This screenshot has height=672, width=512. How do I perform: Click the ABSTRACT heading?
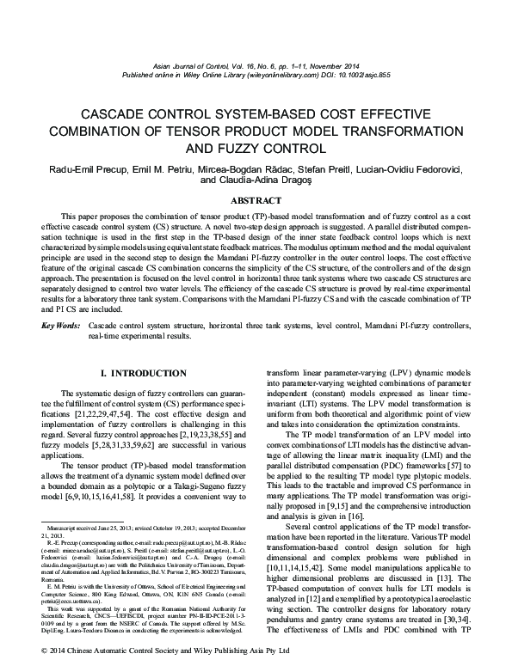tap(256, 199)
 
